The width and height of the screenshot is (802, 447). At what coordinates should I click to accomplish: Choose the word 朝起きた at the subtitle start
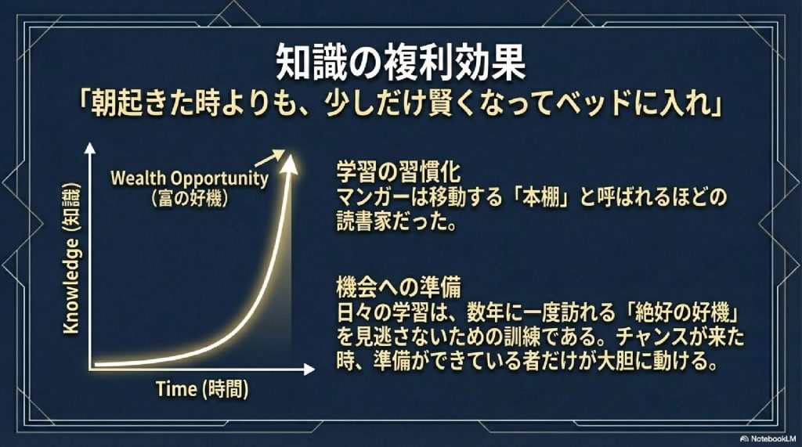point(133,106)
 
